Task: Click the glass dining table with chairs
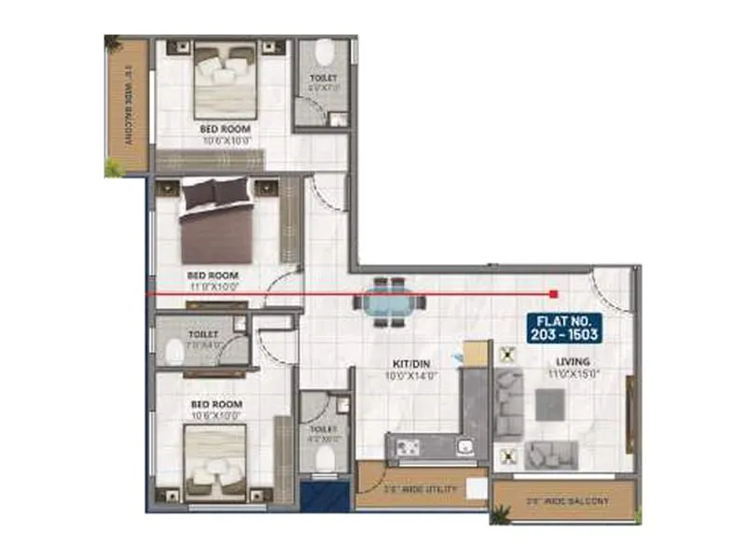pos(389,301)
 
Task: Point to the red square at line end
pos(554,293)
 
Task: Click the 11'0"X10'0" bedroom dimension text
pos(214,287)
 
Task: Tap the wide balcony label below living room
pos(567,501)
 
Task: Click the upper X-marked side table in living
pos(507,355)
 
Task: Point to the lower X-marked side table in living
pos(507,455)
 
